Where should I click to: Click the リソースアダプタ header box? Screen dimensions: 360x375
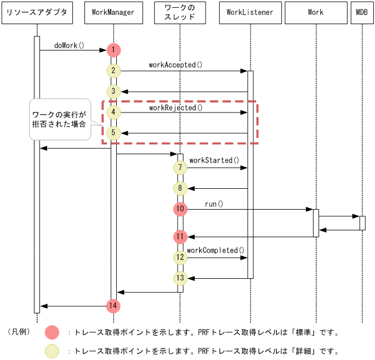click(x=37, y=13)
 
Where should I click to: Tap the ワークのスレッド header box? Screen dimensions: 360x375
click(x=180, y=13)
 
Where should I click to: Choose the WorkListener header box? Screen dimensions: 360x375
click(x=250, y=13)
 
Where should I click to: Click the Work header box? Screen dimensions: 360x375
click(x=316, y=13)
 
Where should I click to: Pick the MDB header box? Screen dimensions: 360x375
click(x=362, y=13)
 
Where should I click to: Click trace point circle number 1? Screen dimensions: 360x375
click(x=113, y=50)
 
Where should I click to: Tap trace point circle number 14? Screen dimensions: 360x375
click(x=113, y=306)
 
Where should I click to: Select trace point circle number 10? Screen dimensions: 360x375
click(x=180, y=209)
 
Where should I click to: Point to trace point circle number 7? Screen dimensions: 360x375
click(x=180, y=167)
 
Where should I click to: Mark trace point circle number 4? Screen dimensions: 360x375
click(x=113, y=113)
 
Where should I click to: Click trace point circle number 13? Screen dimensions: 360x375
click(x=180, y=278)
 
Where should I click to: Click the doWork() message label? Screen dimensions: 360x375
click(x=70, y=45)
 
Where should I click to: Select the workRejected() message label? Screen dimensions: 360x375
click(x=176, y=108)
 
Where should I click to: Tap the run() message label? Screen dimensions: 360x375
click(x=214, y=204)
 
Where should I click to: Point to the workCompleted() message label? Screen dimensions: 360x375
click(x=215, y=250)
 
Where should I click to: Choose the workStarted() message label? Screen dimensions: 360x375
click(x=214, y=160)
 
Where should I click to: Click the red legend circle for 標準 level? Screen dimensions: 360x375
click(x=52, y=333)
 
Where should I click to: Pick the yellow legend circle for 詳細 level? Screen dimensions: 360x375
click(x=52, y=351)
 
